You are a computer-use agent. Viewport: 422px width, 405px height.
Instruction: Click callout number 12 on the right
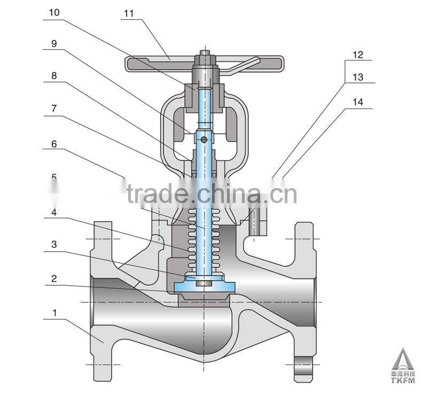pos(358,54)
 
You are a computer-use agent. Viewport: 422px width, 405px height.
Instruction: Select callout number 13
pos(358,77)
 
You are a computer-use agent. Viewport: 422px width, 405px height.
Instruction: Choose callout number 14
pos(358,102)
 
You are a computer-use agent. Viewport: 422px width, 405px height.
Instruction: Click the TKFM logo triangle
pos(403,357)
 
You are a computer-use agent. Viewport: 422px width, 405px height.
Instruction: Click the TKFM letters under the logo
pos(403,381)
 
